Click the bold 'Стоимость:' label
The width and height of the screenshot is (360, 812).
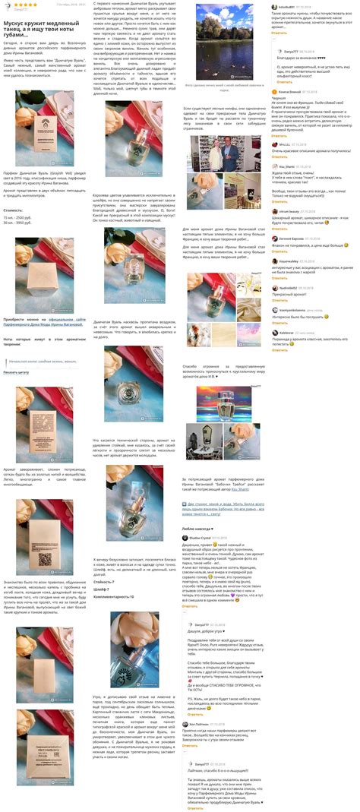coord(14,210)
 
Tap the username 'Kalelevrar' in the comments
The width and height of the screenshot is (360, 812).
coord(290,332)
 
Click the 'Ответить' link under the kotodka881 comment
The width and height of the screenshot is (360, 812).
coord(279,33)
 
